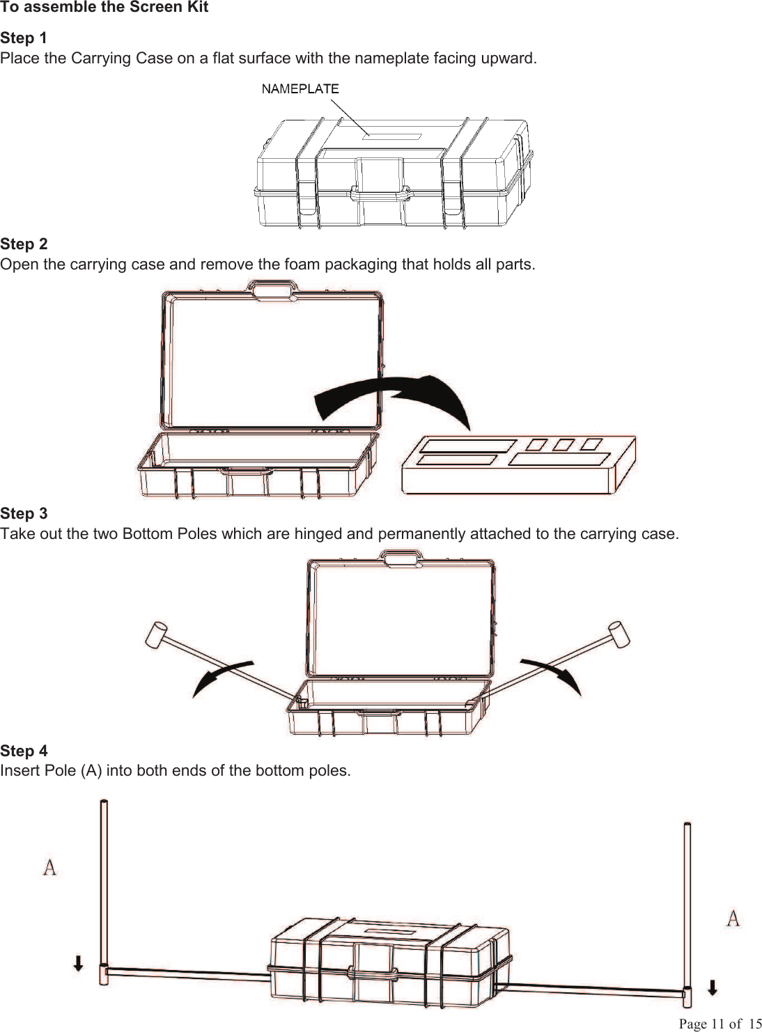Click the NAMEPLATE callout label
click(x=300, y=88)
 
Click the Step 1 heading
click(x=24, y=38)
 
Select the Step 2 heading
click(x=24, y=244)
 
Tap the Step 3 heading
click(x=24, y=513)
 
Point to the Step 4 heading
click(x=24, y=751)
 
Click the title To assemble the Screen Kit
click(x=104, y=8)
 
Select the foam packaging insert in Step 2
click(x=518, y=464)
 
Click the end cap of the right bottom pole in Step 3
click(x=618, y=633)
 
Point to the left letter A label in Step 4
click(x=49, y=868)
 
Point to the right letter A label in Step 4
click(x=733, y=918)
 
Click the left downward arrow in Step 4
click(x=79, y=963)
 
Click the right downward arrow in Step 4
click(x=713, y=987)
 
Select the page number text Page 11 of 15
click(x=720, y=1024)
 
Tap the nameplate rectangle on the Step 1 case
click(x=392, y=136)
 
